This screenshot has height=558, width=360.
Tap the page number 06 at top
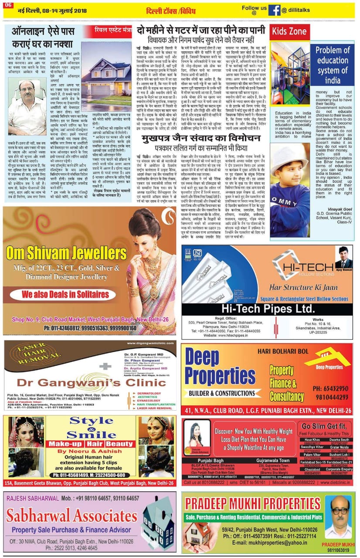pos(9,4)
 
